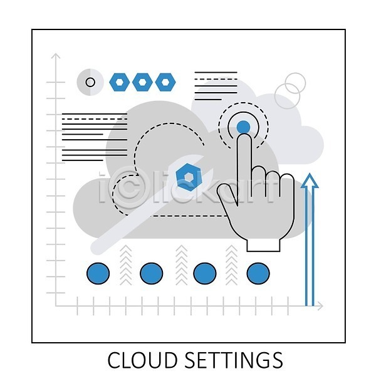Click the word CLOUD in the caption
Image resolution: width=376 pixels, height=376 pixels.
click(x=143, y=360)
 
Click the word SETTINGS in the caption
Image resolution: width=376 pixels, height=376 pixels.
click(x=234, y=360)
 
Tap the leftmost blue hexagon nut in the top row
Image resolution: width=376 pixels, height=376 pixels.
click(x=120, y=82)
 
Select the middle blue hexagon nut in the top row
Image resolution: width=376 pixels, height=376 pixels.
click(x=142, y=82)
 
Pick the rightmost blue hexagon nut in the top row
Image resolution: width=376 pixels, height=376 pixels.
click(x=165, y=82)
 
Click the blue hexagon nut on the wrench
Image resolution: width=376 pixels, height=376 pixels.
click(x=189, y=177)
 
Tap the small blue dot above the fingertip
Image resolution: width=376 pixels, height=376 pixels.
click(x=243, y=127)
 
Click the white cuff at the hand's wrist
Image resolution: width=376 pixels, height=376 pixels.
click(x=263, y=244)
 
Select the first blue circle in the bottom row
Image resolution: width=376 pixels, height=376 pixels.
click(x=98, y=273)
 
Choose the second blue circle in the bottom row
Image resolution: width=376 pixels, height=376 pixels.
click(x=151, y=273)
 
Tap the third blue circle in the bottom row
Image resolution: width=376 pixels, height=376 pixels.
click(x=205, y=273)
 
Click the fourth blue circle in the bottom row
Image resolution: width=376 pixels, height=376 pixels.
click(x=258, y=273)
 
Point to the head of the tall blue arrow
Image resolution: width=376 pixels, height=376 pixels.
click(x=310, y=180)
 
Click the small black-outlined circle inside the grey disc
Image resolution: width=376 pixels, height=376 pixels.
click(x=90, y=82)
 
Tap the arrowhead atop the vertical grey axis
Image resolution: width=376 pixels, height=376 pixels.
click(x=56, y=56)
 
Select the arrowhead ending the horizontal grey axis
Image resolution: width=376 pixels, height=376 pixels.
click(x=320, y=306)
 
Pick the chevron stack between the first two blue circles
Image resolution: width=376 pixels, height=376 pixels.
click(x=126, y=265)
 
